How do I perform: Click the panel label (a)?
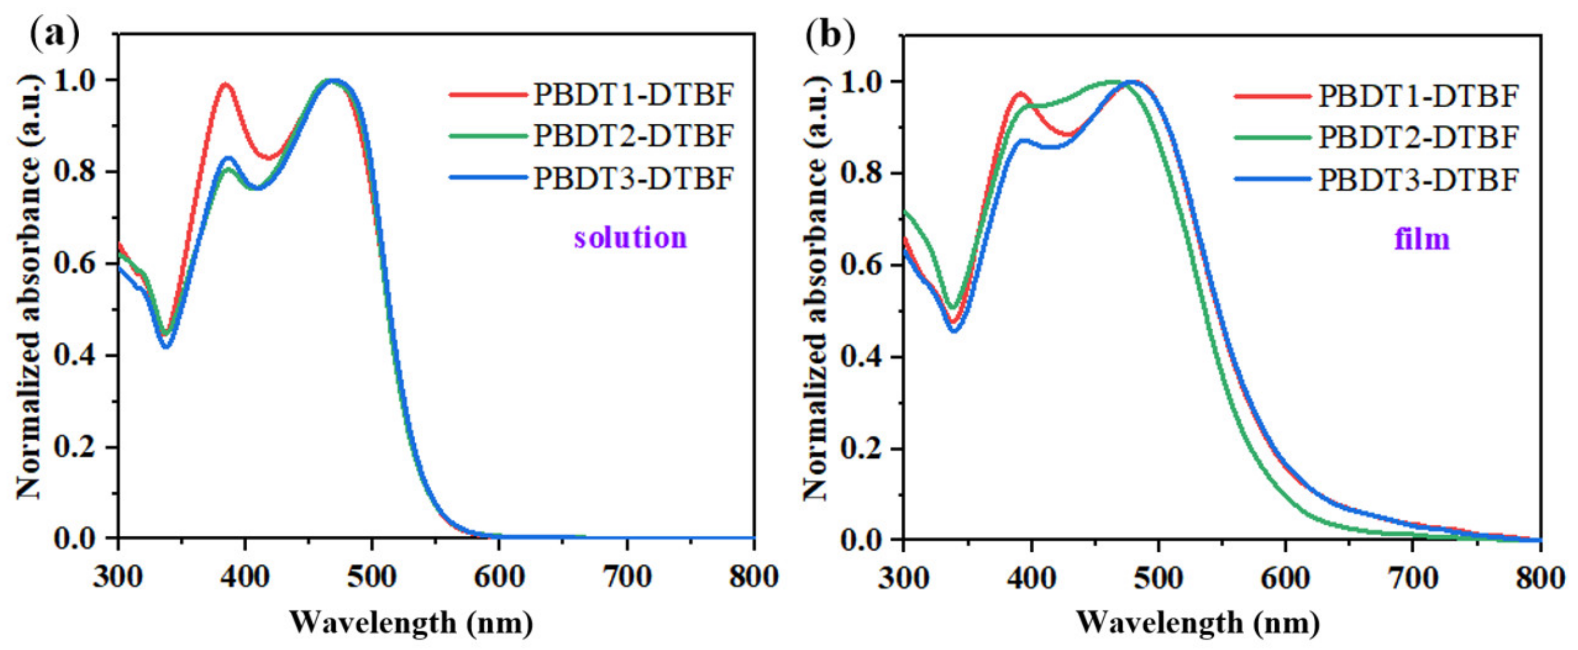click(x=54, y=35)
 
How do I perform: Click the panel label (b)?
click(x=830, y=35)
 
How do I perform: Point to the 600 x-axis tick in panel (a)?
click(x=499, y=577)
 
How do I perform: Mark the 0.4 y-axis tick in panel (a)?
click(x=78, y=356)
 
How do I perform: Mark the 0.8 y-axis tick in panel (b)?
click(x=865, y=174)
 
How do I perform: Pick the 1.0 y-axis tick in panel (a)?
click(x=78, y=80)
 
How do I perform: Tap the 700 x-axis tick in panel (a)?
click(x=627, y=577)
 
